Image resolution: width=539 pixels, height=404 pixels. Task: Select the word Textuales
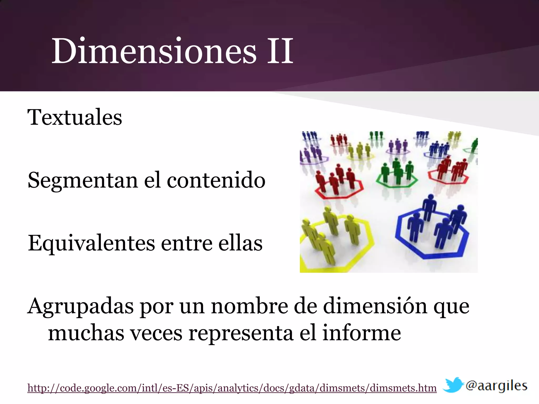pos(75,117)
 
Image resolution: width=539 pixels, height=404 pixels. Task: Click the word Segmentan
pos(83,181)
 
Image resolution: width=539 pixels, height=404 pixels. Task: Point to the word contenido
pos(216,181)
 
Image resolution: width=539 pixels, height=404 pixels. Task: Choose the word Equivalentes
pos(91,244)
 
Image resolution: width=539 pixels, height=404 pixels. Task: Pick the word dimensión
pos(375,306)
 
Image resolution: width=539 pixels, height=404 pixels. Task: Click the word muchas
pos(86,333)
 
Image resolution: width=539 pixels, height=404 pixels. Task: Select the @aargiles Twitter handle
pos(496,386)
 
